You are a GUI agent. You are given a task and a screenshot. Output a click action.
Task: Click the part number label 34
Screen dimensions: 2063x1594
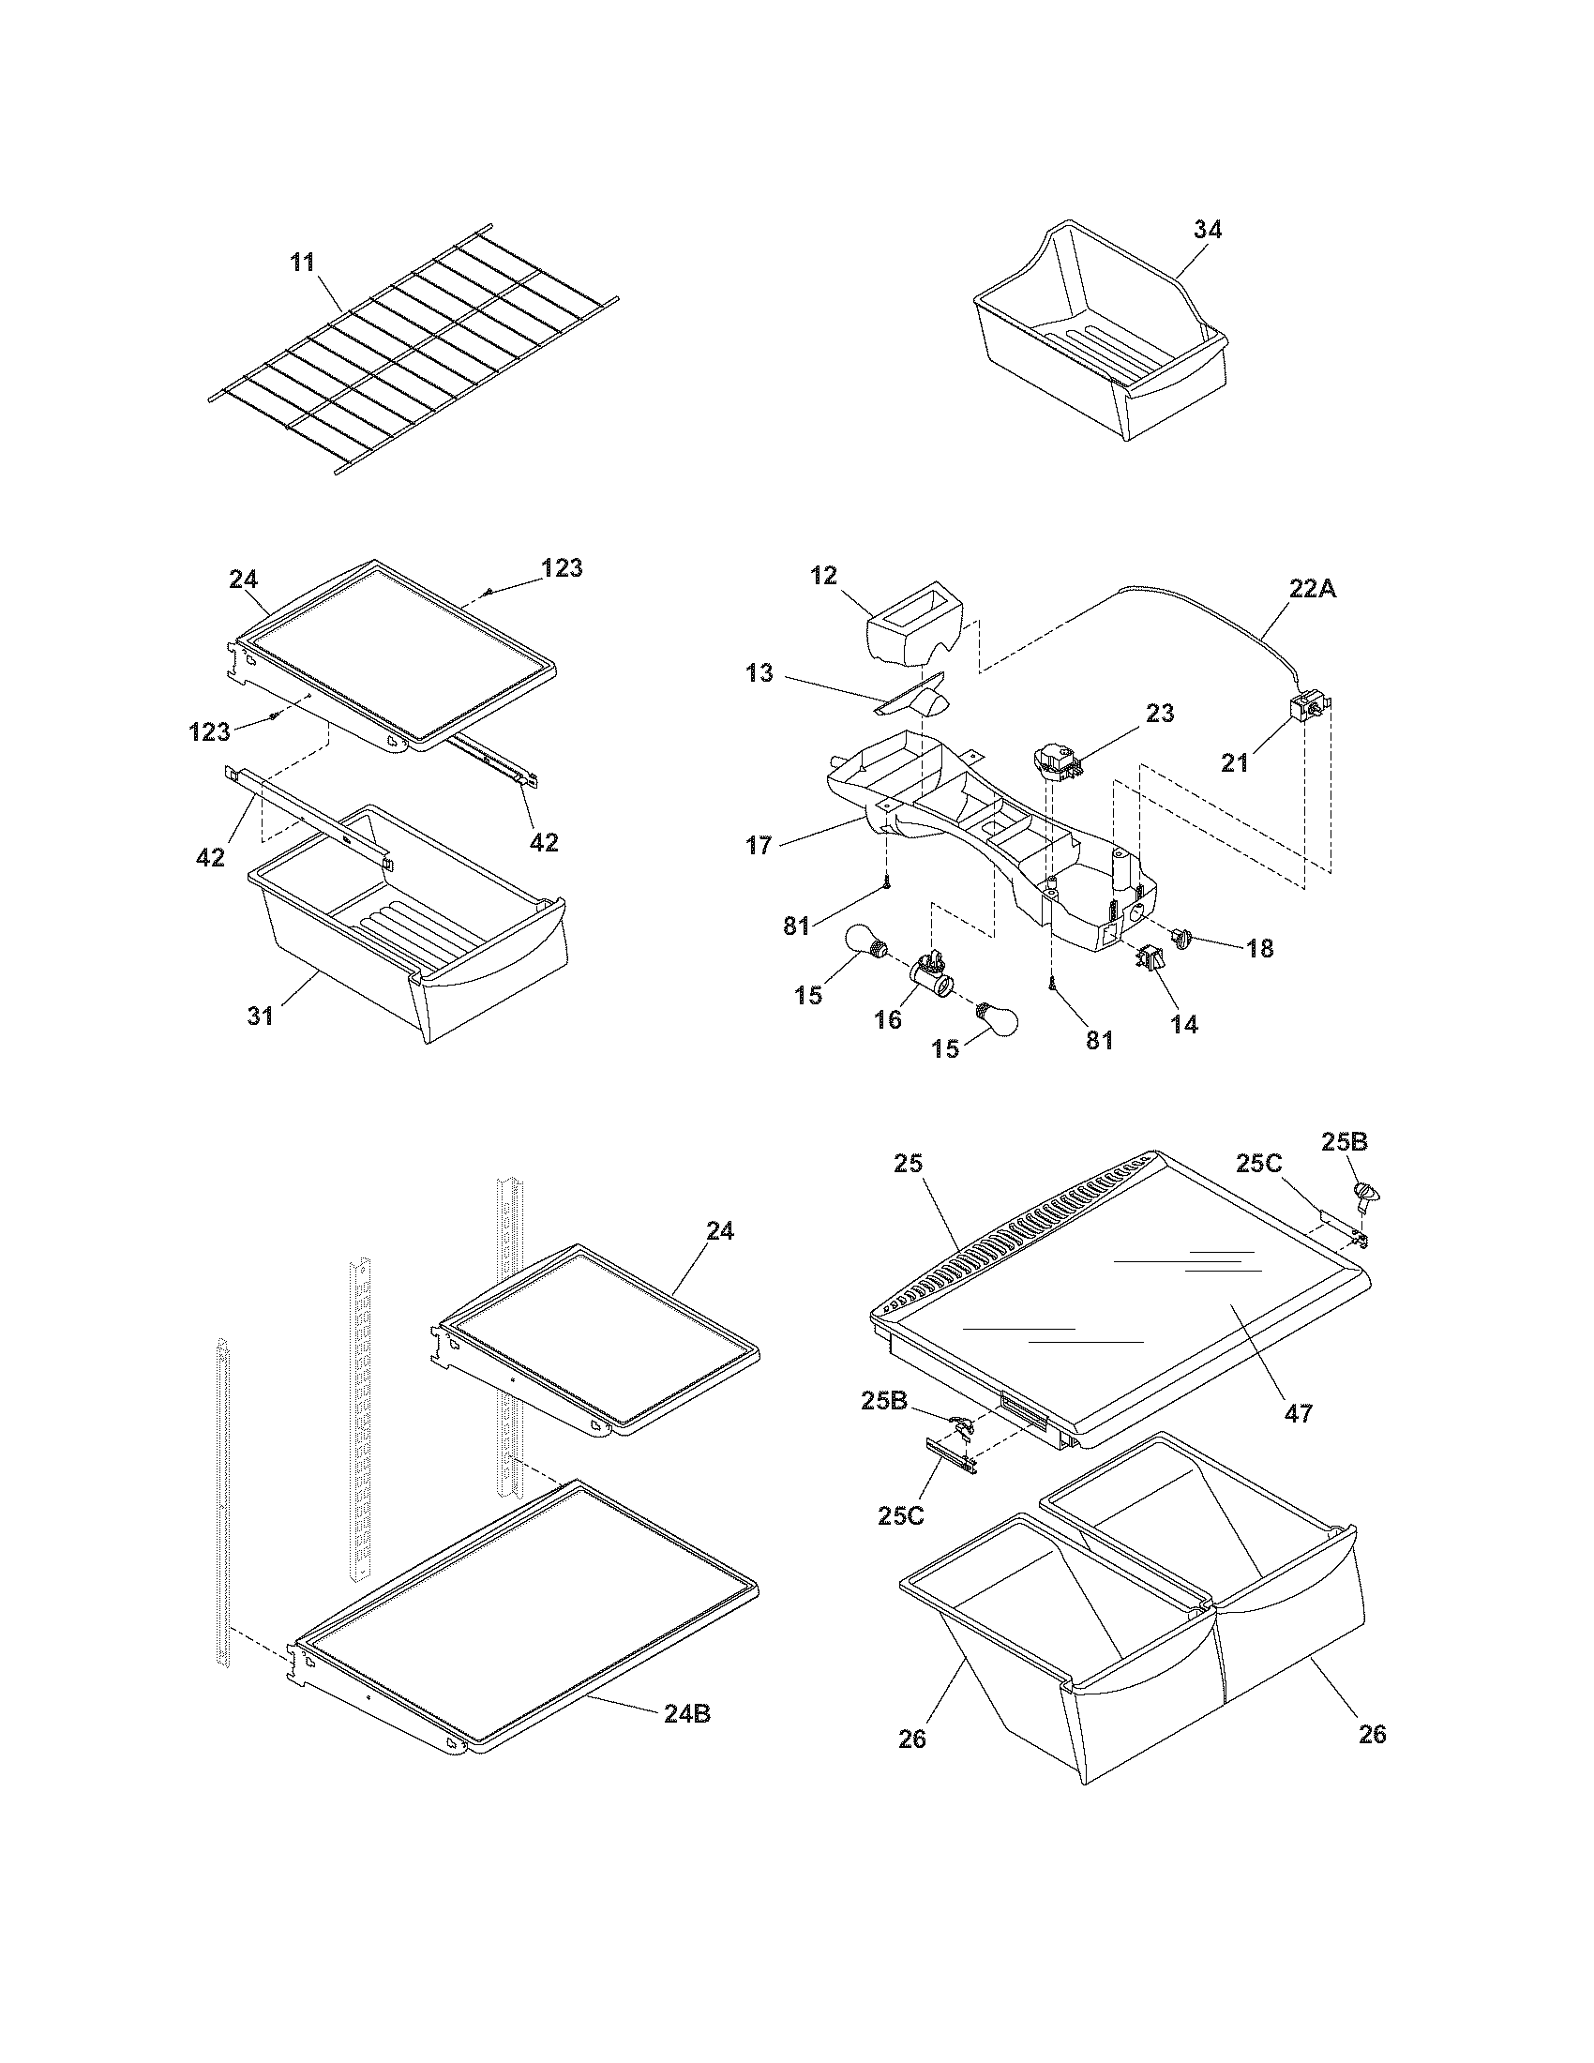pyautogui.click(x=1207, y=230)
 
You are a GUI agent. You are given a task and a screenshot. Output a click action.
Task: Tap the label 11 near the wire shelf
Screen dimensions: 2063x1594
pyautogui.click(x=302, y=262)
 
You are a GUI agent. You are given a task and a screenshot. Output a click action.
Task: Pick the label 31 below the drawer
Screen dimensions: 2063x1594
pyautogui.click(x=261, y=1016)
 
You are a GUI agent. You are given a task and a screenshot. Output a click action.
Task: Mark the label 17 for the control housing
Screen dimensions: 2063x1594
pyautogui.click(x=759, y=846)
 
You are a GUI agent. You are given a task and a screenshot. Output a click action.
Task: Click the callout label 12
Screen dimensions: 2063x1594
pyautogui.click(x=823, y=575)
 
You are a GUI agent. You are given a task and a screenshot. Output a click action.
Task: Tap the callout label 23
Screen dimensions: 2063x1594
pyautogui.click(x=1160, y=714)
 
